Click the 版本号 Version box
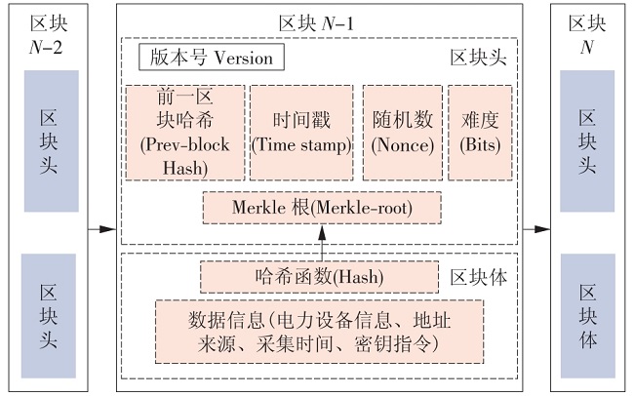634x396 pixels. click(x=212, y=58)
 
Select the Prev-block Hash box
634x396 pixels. click(x=183, y=132)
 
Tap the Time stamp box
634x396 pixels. click(x=300, y=132)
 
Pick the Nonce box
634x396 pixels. click(x=401, y=132)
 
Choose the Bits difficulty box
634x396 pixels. click(x=478, y=132)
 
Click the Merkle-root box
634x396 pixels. click(x=321, y=208)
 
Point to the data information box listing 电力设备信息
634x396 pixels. click(x=319, y=330)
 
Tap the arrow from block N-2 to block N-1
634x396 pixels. click(x=102, y=230)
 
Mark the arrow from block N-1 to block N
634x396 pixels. click(x=535, y=230)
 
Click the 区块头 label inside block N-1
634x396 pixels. click(x=478, y=58)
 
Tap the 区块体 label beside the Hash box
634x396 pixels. click(x=478, y=276)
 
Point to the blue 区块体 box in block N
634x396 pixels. click(x=587, y=315)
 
